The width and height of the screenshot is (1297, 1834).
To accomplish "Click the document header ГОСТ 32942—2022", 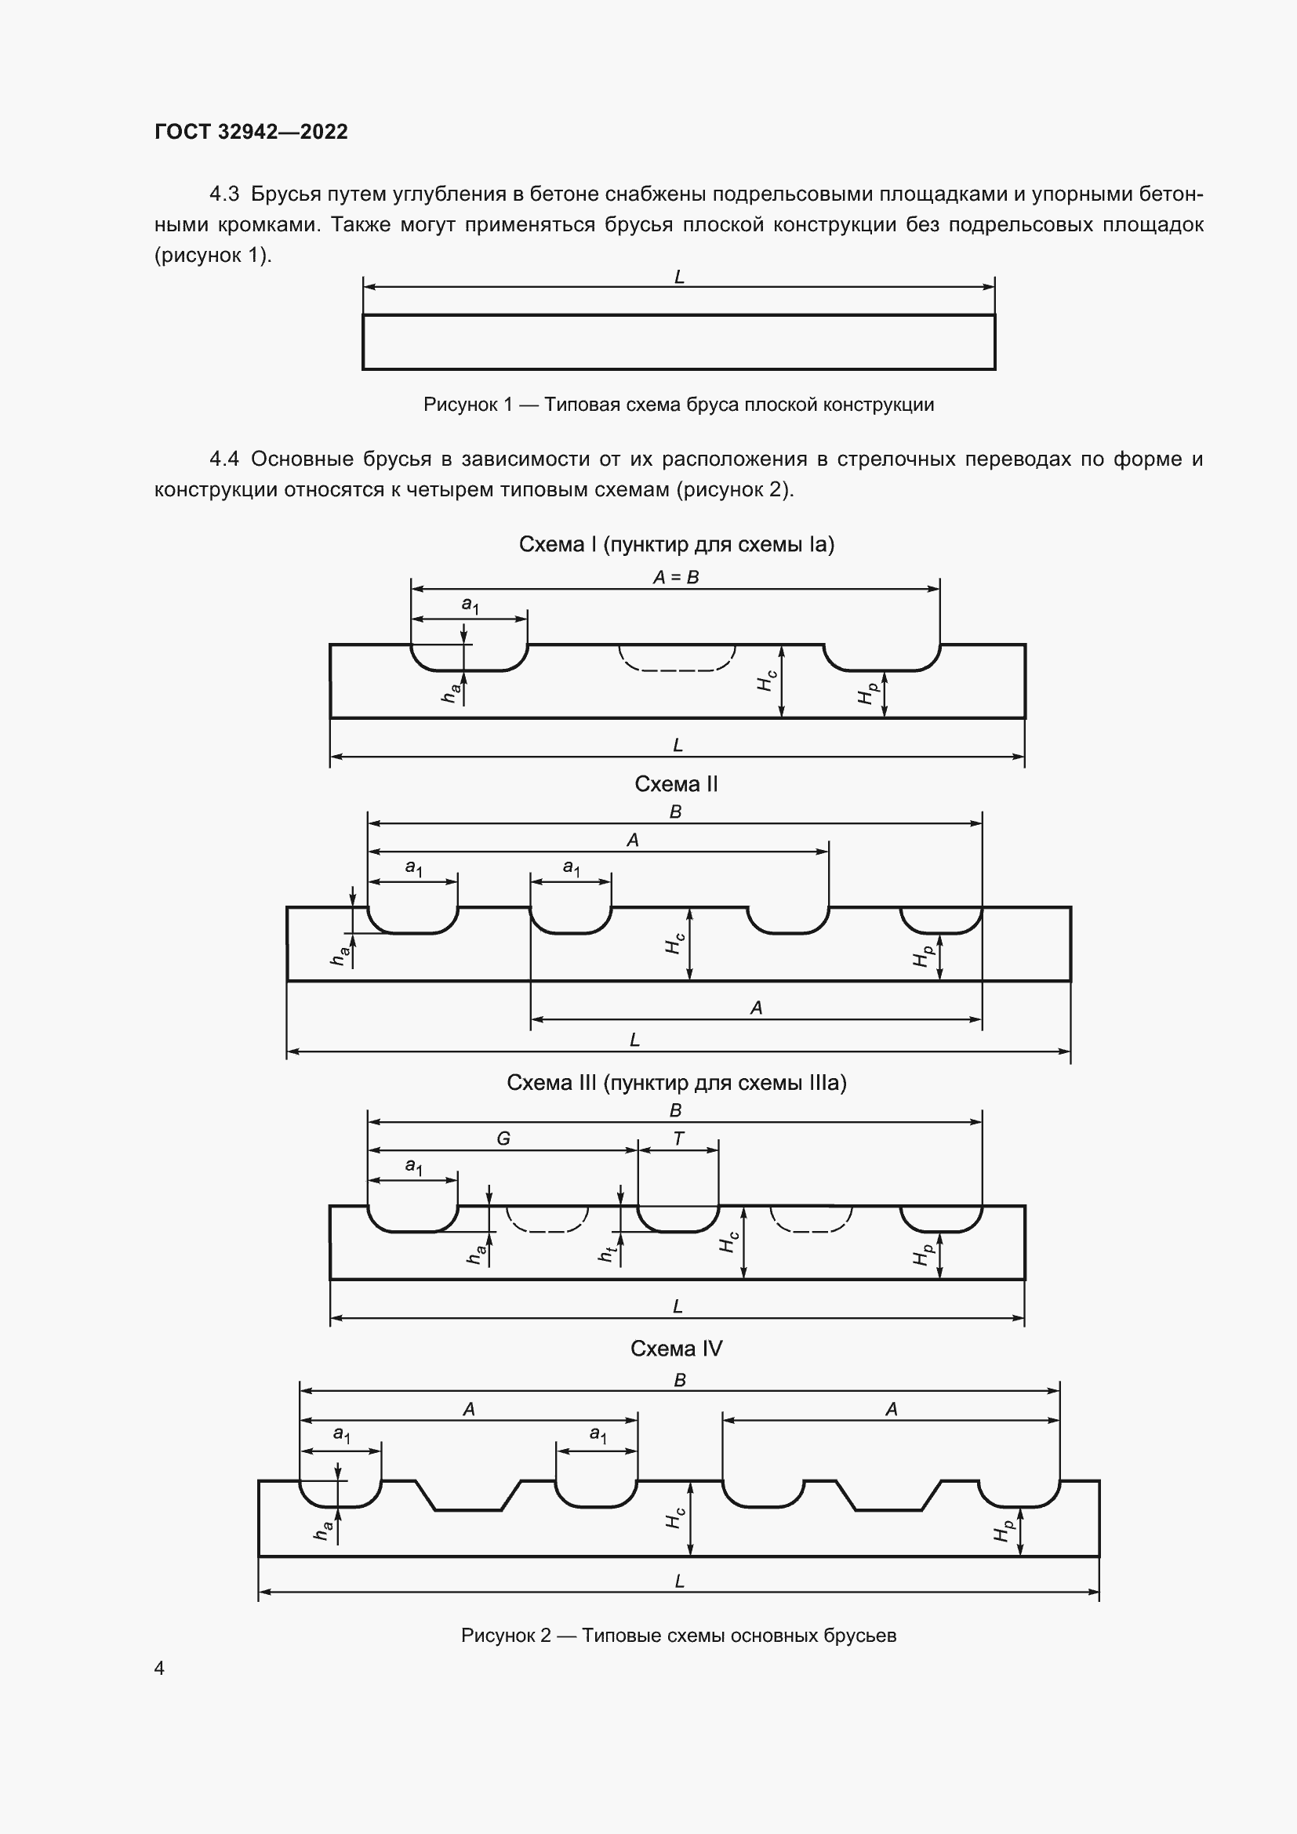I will click(x=251, y=132).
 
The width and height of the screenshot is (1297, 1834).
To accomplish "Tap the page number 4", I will click(x=159, y=1668).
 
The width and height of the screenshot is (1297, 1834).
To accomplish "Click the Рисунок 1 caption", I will click(x=678, y=405).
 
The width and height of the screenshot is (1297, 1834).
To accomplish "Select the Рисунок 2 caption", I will click(x=678, y=1635).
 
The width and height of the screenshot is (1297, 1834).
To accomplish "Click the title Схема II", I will click(x=676, y=784).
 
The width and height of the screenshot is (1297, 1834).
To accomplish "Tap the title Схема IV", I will click(x=676, y=1349).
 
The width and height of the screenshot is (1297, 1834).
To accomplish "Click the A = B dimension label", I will click(x=676, y=577).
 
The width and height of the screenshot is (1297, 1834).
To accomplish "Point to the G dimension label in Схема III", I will click(x=503, y=1139).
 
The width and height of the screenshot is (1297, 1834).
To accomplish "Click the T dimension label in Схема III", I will click(x=678, y=1139).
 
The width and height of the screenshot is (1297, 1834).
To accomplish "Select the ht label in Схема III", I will click(x=607, y=1255).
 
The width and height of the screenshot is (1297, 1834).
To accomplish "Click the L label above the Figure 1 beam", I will click(x=679, y=277).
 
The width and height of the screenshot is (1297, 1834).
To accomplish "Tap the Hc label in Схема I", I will click(x=767, y=681).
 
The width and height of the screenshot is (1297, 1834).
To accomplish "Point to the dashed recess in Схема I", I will click(x=677, y=658).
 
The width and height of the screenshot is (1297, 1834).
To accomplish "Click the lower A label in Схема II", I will click(x=756, y=1008).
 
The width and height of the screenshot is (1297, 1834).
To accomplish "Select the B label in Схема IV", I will click(x=680, y=1379).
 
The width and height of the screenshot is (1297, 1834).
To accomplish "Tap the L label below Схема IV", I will click(x=679, y=1581).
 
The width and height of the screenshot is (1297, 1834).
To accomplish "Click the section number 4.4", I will click(x=223, y=459).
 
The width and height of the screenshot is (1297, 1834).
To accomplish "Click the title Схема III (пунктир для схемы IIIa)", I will click(x=677, y=1082).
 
